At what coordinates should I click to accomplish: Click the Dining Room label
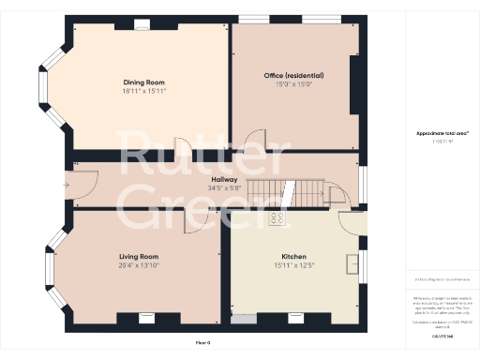tap(139, 82)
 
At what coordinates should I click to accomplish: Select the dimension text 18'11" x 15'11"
tap(139, 91)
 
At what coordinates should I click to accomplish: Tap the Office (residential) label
tap(293, 75)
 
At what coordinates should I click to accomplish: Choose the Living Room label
tap(138, 256)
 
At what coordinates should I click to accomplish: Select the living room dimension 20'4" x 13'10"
tap(138, 264)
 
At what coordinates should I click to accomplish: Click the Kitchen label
tap(293, 256)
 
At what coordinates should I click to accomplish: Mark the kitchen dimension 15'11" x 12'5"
tap(293, 264)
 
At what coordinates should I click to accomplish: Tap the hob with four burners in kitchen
tap(277, 218)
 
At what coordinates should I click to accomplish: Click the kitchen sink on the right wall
tap(352, 262)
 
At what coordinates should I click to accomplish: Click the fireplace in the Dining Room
tap(142, 25)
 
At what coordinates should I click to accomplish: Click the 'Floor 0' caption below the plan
tap(203, 343)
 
